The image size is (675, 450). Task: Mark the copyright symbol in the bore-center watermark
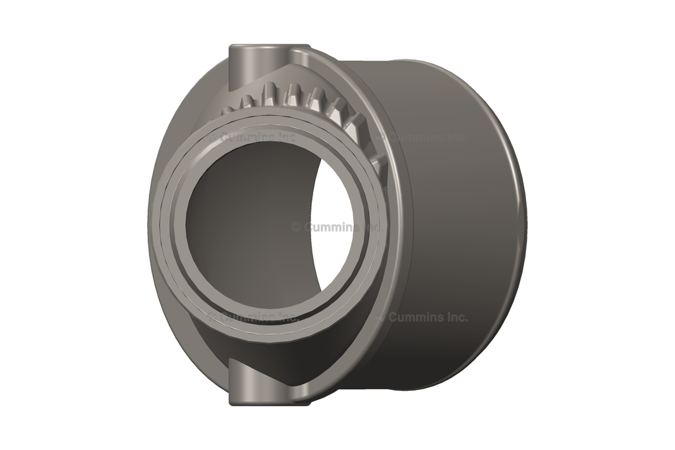click(296, 227)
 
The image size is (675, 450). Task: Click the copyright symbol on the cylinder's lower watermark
click(382, 317)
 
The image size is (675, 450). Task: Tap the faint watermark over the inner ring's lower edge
click(253, 317)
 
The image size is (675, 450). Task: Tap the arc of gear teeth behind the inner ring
click(310, 99)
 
